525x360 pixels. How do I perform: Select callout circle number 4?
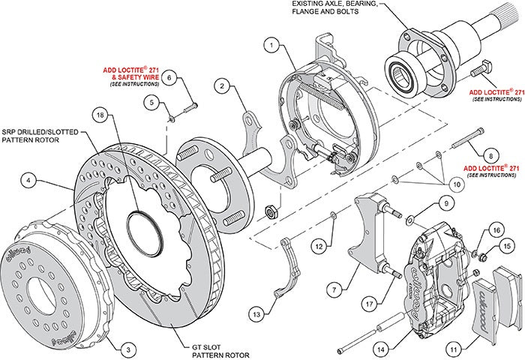(x=28, y=180)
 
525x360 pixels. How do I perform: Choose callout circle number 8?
(x=490, y=153)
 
